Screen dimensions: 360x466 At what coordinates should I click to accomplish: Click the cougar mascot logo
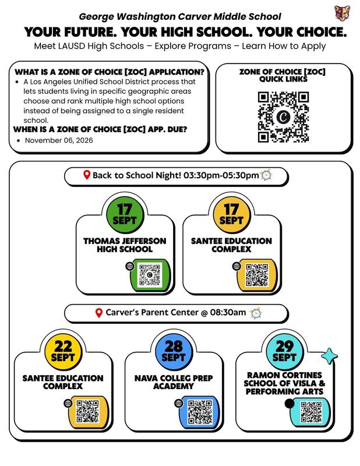(342, 13)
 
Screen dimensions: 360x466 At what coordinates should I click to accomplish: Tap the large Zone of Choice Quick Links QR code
(283, 117)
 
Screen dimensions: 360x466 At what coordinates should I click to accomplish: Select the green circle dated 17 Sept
(125, 214)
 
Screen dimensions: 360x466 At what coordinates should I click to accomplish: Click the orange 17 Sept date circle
(232, 214)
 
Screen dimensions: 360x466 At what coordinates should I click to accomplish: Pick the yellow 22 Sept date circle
(63, 351)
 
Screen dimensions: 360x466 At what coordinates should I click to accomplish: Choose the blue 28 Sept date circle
(174, 351)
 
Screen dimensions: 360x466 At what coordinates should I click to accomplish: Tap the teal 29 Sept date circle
(284, 351)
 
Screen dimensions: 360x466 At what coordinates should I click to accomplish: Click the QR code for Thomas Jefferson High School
(150, 275)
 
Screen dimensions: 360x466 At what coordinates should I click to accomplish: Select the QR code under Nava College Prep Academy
(200, 412)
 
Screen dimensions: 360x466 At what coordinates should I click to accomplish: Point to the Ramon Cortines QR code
(311, 412)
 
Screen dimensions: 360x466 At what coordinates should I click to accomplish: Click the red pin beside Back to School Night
(87, 175)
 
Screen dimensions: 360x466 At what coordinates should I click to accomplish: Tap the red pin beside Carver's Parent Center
(99, 313)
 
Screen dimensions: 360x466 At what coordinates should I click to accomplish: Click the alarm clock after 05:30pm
(266, 175)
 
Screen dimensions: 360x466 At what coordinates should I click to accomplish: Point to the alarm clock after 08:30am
(255, 313)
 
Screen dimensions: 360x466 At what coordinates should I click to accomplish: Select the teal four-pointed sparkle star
(329, 356)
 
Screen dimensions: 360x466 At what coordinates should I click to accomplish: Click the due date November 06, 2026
(59, 140)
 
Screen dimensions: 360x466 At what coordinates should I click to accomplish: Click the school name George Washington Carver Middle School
(180, 17)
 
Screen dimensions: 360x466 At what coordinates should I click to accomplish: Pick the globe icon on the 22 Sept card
(68, 403)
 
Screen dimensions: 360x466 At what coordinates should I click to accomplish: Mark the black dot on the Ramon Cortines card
(290, 404)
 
